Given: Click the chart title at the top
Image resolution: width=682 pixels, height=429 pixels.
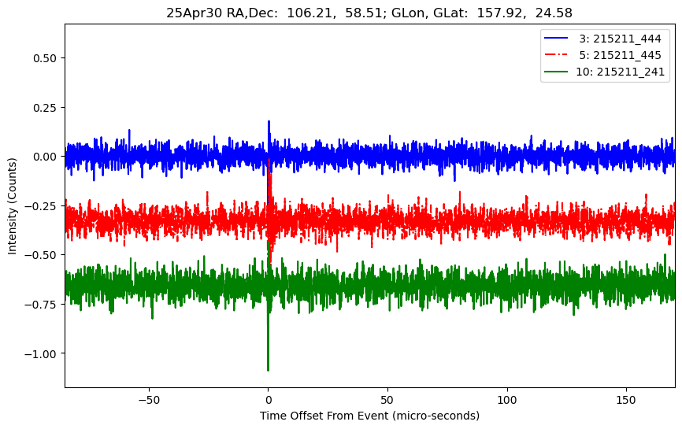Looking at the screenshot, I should [369, 13].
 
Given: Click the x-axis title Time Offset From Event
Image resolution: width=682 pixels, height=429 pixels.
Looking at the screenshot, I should [369, 415].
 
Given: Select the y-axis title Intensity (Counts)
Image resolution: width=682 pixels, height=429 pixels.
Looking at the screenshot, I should [13, 205].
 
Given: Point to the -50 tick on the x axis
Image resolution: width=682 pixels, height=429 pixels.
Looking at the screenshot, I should [149, 398].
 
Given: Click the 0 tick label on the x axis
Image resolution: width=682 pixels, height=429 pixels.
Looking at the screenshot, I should [269, 398].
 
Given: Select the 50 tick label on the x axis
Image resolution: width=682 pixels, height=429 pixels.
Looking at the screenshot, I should [387, 398].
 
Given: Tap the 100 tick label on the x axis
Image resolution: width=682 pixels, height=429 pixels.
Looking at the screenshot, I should [507, 398].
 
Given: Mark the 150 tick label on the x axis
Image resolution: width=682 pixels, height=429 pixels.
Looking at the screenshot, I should [627, 398].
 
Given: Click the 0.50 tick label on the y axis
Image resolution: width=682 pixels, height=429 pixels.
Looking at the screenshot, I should [43, 58].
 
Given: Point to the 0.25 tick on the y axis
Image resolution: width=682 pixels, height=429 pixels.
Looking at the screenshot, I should [43, 107].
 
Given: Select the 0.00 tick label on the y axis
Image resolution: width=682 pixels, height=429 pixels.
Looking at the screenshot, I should [43, 157].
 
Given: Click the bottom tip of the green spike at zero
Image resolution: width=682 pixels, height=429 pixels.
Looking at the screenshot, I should [268, 370].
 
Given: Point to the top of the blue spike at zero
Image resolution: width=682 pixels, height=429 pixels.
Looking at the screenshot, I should [269, 121].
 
